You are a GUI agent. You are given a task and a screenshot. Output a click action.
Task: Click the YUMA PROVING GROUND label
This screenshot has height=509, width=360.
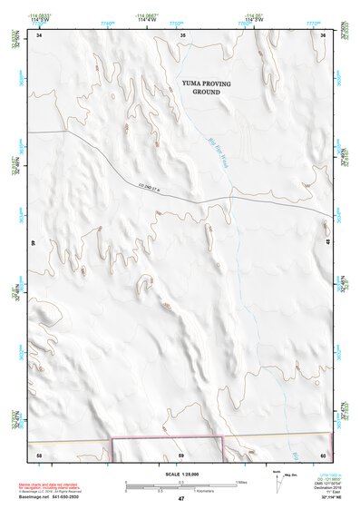click(x=206, y=87)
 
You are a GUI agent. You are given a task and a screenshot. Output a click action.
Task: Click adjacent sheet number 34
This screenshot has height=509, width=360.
click(x=39, y=34)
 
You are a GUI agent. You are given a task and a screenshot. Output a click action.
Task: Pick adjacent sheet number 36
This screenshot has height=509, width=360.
click(x=324, y=34)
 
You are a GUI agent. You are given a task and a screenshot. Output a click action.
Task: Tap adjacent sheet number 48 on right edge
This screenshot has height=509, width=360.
click(x=326, y=243)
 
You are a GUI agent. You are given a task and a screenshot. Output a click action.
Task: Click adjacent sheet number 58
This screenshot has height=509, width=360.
click(x=39, y=453)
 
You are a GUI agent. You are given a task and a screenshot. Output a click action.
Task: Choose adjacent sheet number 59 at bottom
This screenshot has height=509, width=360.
click(x=181, y=453)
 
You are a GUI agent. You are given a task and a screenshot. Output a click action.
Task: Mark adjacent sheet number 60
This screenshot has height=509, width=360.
click(x=324, y=453)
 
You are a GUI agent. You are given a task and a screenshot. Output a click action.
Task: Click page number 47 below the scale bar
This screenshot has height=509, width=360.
click(x=181, y=499)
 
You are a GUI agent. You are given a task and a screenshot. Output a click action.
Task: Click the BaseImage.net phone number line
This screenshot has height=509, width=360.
click(x=51, y=497)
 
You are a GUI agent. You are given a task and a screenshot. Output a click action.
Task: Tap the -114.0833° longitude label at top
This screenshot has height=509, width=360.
click(x=38, y=15)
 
